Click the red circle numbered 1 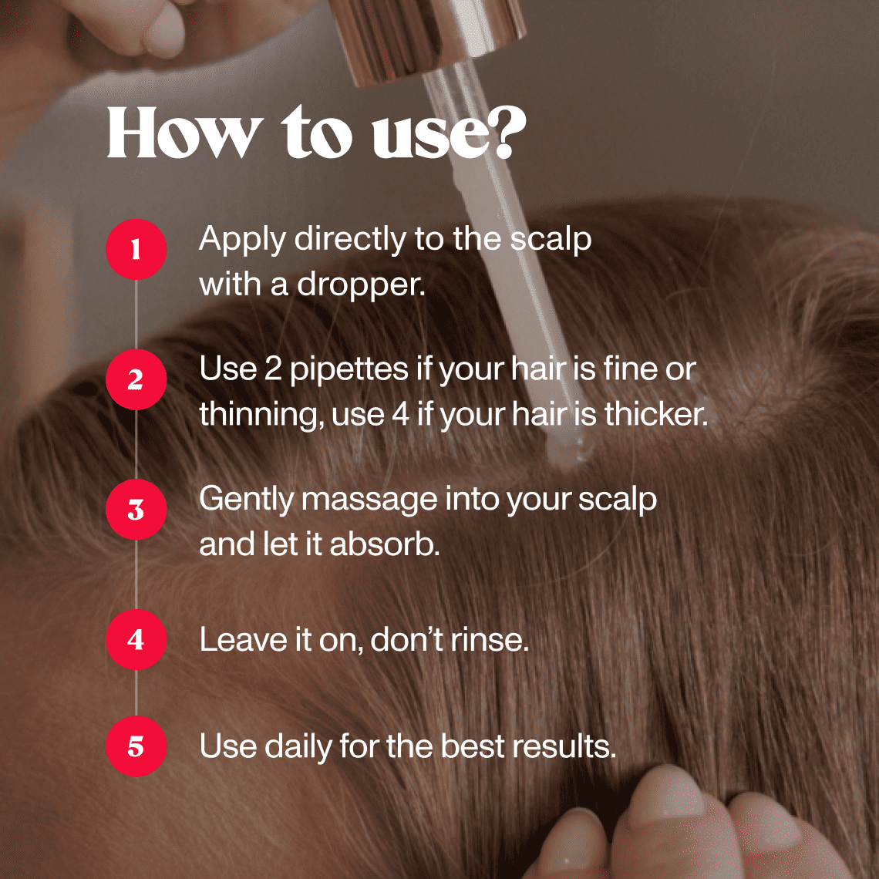(136, 250)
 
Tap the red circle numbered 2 (136, 379)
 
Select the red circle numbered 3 (136, 510)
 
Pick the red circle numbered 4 (136, 640)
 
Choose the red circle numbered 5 (136, 746)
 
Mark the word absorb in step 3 (384, 544)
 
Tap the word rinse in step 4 (489, 640)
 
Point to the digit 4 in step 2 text (400, 415)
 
